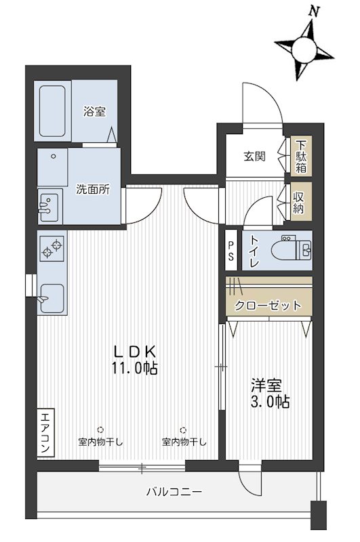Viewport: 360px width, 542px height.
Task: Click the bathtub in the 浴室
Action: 52,111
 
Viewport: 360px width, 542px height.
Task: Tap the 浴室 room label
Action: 94,111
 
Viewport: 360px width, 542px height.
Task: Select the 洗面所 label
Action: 93,190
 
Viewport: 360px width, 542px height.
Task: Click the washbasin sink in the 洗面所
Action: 49,207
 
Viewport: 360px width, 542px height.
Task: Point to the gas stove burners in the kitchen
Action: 53,249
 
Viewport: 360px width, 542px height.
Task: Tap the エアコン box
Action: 45,434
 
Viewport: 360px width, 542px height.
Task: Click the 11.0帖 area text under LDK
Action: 134,369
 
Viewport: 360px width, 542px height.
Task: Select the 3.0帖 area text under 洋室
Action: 270,401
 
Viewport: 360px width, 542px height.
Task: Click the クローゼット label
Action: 268,306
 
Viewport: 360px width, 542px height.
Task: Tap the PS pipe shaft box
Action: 231,250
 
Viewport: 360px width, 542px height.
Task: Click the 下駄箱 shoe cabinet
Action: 301,156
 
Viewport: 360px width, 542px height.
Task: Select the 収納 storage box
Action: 301,201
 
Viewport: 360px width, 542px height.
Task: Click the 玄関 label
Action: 255,157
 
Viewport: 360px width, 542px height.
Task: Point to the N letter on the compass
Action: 314,12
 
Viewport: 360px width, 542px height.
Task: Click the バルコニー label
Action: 174,492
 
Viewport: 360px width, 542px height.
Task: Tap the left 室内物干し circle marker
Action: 100,430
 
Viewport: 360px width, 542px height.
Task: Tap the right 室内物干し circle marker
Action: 184,430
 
